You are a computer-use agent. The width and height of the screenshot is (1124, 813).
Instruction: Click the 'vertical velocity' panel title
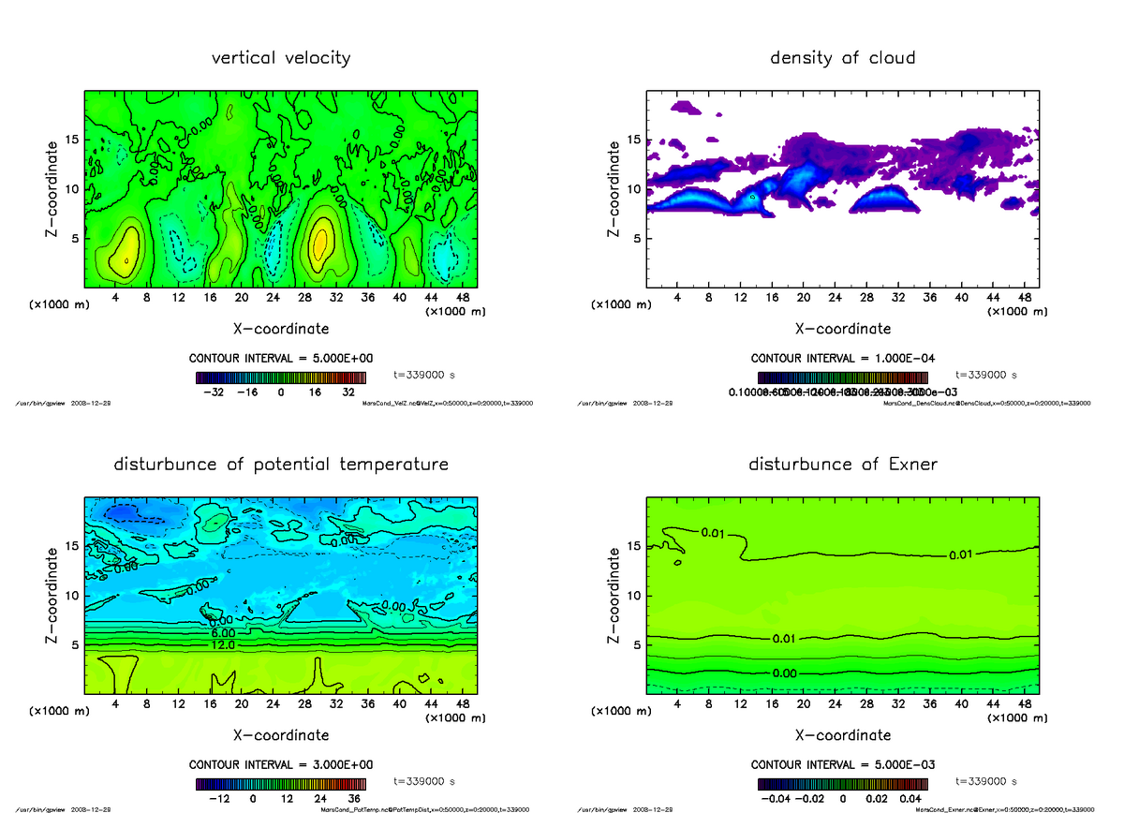coord(281,58)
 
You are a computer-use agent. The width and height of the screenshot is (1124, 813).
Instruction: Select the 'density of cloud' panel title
coord(842,58)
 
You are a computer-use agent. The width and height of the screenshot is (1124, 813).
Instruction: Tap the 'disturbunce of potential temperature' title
coord(281,465)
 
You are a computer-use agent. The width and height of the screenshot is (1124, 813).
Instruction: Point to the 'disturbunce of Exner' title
coord(842,465)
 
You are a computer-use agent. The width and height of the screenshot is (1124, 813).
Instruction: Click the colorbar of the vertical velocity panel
coord(281,377)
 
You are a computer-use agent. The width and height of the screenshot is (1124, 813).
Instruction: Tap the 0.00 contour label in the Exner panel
coord(786,673)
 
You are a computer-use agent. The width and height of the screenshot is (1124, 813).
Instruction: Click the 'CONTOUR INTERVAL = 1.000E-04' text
coord(842,359)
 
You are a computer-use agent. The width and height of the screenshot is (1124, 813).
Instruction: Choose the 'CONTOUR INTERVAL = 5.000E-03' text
coord(842,764)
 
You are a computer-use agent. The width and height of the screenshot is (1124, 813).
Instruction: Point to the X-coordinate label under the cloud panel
coord(842,329)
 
